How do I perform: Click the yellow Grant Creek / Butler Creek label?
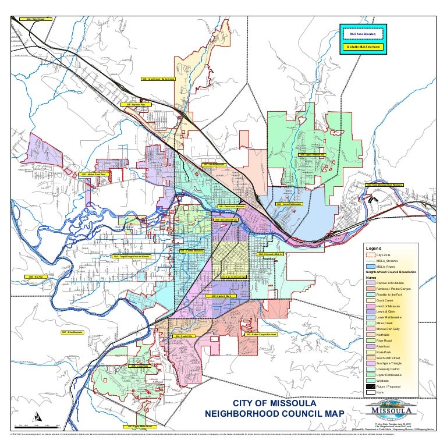[x=158, y=79]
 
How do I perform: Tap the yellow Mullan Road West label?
[x=93, y=174]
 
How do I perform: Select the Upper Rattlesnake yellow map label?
[x=312, y=155]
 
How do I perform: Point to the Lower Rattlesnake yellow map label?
[x=289, y=204]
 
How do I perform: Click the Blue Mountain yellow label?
[x=72, y=332]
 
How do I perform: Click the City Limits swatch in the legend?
[x=370, y=255]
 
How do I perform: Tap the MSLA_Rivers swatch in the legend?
[x=370, y=266]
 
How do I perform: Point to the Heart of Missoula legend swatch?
[x=370, y=307]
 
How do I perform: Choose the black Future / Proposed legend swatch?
[x=370, y=387]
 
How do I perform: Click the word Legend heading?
[x=372, y=248]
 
